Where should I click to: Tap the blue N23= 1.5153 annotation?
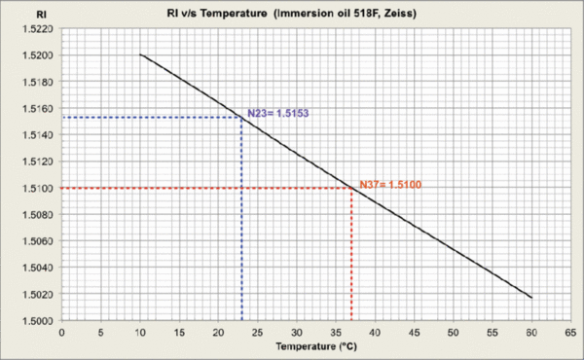pyautogui.click(x=274, y=113)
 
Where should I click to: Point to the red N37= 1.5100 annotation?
pyautogui.click(x=389, y=184)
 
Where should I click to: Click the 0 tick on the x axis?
pyautogui.click(x=61, y=332)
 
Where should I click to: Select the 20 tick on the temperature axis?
pyautogui.click(x=219, y=332)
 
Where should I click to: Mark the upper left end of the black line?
pyautogui.click(x=141, y=54)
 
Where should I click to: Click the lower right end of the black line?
pyautogui.click(x=532, y=297)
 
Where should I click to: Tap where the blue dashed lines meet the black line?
pyautogui.click(x=242, y=118)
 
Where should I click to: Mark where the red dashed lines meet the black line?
pyautogui.click(x=351, y=188)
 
